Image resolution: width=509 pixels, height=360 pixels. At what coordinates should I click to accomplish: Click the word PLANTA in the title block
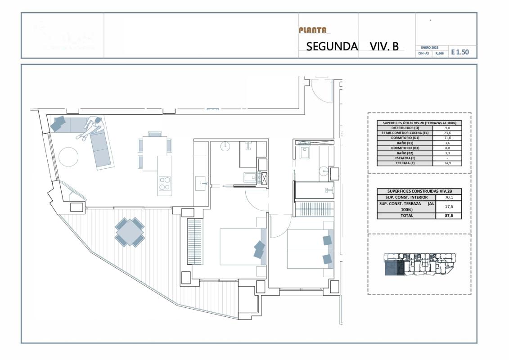click(312, 31)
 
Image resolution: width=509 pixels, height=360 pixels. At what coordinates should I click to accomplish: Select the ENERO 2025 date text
click(429, 47)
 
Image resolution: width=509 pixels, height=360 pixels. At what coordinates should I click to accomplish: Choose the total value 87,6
click(448, 216)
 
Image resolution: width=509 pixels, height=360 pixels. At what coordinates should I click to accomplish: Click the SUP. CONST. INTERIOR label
click(406, 197)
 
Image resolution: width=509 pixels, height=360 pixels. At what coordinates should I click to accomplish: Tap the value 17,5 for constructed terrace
click(448, 207)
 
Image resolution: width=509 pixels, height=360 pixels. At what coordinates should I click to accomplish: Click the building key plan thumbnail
click(419, 265)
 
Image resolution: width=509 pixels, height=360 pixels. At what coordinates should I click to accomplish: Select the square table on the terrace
click(130, 232)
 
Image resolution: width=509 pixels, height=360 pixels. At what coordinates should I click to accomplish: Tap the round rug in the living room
click(68, 157)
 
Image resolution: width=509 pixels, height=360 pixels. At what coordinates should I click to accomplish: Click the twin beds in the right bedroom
click(309, 249)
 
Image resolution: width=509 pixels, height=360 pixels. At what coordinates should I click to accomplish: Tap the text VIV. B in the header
click(384, 46)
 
